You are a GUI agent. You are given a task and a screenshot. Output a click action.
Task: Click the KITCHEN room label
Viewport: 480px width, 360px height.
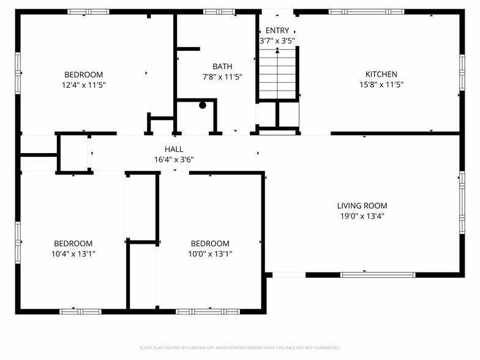coord(381,74)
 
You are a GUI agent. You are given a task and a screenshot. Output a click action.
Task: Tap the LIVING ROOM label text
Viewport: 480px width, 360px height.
coord(362,206)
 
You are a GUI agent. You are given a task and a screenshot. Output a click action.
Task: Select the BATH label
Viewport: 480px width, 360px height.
coord(222,66)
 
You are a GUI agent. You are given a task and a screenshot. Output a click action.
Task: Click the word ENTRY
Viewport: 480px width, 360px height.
coord(277,31)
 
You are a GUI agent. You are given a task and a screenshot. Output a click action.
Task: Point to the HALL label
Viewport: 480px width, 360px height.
coord(174,149)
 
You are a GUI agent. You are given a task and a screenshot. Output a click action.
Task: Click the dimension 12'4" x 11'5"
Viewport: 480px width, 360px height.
coord(83,85)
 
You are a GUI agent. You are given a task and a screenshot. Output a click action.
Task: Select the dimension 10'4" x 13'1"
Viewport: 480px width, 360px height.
coord(73,253)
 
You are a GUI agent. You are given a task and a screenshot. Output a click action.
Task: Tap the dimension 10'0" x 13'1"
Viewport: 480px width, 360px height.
coord(210,253)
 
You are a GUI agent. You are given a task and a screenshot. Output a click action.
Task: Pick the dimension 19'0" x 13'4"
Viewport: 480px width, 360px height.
coord(362,216)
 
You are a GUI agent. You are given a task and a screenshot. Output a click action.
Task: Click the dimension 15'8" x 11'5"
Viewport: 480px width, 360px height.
coord(381,84)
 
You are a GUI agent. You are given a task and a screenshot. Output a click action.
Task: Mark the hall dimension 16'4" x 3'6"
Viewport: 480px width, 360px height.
coord(174,159)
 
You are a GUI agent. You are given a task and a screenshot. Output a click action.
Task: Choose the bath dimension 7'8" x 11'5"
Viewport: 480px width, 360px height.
coord(222,77)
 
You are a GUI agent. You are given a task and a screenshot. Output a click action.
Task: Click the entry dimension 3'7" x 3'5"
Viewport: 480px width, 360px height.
coord(277,40)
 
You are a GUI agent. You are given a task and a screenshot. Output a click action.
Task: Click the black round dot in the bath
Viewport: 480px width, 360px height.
coord(202,105)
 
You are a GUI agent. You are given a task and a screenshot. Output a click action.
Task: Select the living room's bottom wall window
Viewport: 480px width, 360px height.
coord(378,275)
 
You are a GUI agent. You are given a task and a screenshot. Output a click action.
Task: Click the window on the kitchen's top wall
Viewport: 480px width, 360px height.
coord(366,12)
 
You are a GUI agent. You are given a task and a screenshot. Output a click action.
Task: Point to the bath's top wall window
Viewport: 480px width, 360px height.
coord(219,12)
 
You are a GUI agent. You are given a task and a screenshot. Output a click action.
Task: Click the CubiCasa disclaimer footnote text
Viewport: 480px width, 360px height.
coord(240,348)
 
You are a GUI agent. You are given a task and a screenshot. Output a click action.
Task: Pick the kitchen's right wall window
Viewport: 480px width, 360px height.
coord(462,72)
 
